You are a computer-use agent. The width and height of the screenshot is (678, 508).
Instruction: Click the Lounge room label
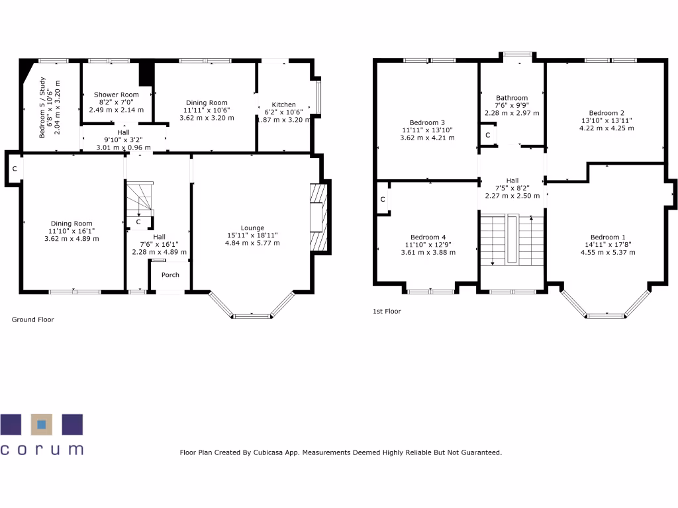pyautogui.click(x=252, y=228)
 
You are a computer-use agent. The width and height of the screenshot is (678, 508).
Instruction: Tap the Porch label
pyautogui.click(x=170, y=275)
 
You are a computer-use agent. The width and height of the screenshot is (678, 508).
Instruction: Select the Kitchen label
pyautogui.click(x=283, y=105)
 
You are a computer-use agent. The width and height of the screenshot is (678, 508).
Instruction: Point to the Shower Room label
pyautogui.click(x=117, y=95)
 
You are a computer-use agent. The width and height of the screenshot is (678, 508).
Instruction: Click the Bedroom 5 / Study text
pyautogui.click(x=42, y=108)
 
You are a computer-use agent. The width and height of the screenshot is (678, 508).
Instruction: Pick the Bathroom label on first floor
pyautogui.click(x=512, y=98)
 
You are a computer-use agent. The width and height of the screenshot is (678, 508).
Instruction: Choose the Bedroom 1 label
pyautogui.click(x=608, y=237)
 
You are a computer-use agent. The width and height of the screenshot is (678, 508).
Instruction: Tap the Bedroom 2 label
pyautogui.click(x=606, y=113)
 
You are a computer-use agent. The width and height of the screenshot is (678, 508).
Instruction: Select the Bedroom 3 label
pyautogui.click(x=427, y=122)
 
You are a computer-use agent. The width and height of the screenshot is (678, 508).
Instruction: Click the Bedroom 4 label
pyautogui.click(x=428, y=237)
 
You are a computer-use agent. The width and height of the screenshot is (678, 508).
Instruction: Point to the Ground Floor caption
pyautogui.click(x=33, y=319)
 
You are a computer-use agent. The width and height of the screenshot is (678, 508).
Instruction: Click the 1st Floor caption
pyautogui.click(x=387, y=311)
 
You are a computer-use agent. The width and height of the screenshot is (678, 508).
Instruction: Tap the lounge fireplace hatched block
pyautogui.click(x=319, y=218)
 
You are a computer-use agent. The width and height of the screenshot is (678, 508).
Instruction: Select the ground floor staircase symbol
pyautogui.click(x=140, y=200)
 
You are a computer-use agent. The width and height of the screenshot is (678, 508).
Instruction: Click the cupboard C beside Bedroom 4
pyautogui.click(x=383, y=199)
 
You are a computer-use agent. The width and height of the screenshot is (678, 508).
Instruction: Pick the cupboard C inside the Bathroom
pyautogui.click(x=488, y=135)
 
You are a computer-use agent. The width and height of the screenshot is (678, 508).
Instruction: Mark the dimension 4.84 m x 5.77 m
pyautogui.click(x=252, y=243)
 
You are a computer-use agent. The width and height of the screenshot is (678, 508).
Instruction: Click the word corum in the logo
pyautogui.click(x=42, y=449)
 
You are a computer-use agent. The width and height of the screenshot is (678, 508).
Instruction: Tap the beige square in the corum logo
pyautogui.click(x=42, y=425)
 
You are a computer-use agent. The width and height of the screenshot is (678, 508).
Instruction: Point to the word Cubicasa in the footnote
pyautogui.click(x=267, y=452)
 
